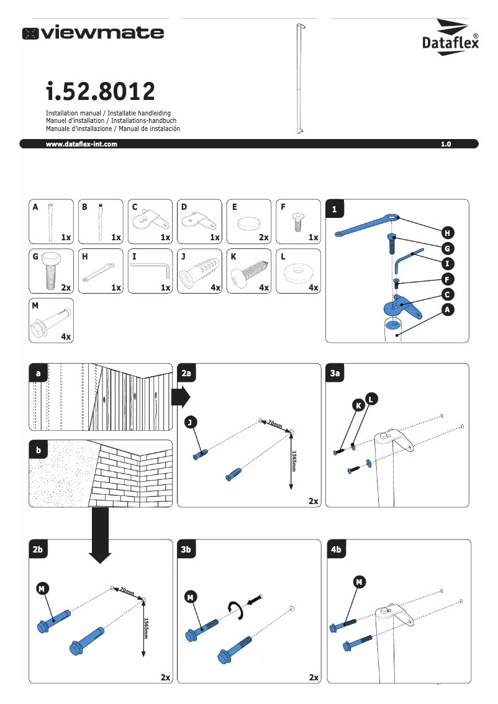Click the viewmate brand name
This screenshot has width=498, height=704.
tap(94, 33)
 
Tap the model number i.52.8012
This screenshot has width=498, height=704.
tap(100, 92)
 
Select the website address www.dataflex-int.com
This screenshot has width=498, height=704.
tap(81, 144)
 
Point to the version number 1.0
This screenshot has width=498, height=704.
tap(445, 144)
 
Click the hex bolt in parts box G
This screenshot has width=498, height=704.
tap(50, 271)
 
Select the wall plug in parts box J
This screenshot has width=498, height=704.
tap(199, 271)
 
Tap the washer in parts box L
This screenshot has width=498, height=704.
tap(297, 271)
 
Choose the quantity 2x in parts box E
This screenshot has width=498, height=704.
tap(263, 238)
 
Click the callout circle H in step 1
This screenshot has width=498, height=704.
tap(447, 233)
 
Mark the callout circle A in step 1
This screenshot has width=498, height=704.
tap(447, 310)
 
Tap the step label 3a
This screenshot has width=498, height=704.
tap(336, 373)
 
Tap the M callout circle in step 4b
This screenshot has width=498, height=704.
tap(359, 582)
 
